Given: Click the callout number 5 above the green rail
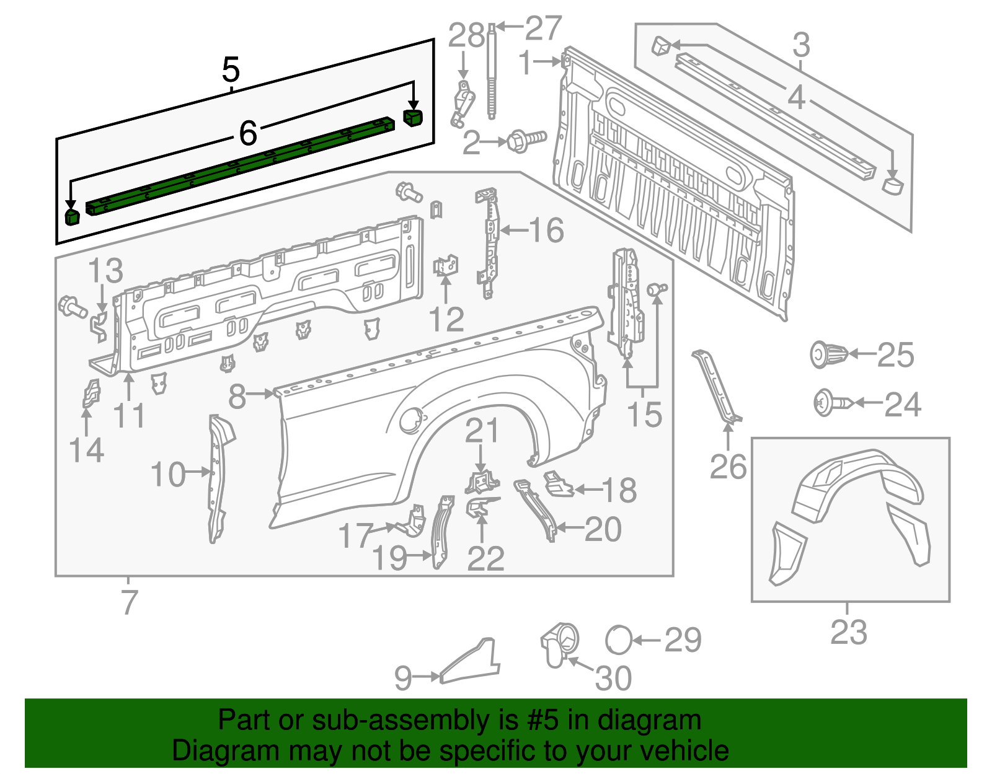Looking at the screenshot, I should tap(231, 70).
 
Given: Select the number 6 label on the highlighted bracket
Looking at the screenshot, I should tap(248, 133).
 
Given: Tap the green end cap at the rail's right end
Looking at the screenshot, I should tap(413, 117).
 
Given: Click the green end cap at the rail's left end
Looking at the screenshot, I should tap(73, 217).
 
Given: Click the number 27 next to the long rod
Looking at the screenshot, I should tap(543, 29).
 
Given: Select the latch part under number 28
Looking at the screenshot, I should tap(464, 103).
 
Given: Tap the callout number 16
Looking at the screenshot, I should tap(546, 231).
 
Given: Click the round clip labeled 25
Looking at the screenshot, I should tap(828, 355).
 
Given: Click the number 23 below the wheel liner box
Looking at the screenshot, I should tap(849, 632).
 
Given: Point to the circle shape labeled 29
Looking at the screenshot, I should tap(619, 640).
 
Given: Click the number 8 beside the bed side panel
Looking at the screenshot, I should tap(237, 397).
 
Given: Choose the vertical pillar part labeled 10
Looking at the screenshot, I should tap(217, 477).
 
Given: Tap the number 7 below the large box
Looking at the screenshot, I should tap(128, 602).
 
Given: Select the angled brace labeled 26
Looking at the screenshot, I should tap(715, 387).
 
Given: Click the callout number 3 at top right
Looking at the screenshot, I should tap(801, 45).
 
